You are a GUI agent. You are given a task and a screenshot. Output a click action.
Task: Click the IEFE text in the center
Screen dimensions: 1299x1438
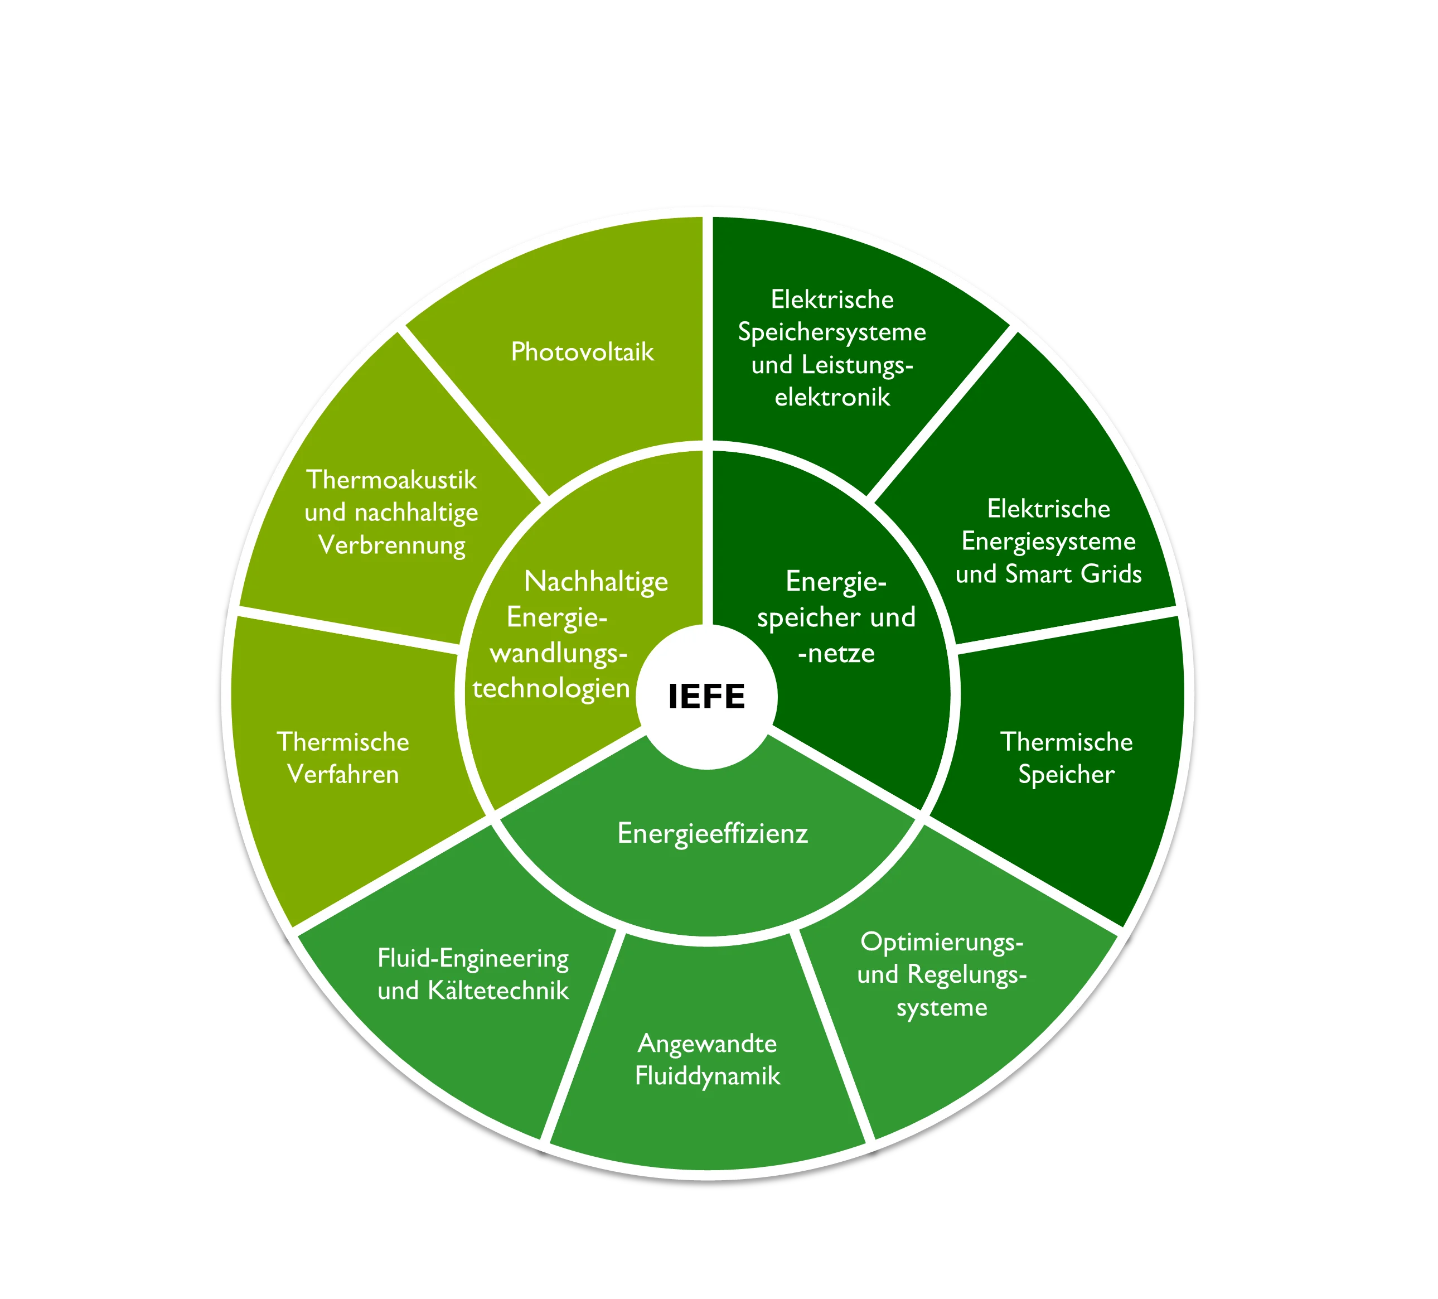tap(706, 696)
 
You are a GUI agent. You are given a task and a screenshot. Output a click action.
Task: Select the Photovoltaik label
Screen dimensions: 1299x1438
tap(582, 352)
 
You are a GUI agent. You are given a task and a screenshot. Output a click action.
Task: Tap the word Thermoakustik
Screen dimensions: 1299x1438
tap(391, 479)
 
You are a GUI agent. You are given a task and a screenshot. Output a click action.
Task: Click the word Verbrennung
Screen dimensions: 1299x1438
tap(391, 545)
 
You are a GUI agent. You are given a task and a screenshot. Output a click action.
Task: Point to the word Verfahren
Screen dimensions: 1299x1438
tap(343, 774)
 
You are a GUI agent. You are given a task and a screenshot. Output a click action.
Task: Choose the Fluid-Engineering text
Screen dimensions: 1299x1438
tap(473, 958)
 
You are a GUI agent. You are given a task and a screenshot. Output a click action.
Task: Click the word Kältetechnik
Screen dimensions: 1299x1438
tap(498, 990)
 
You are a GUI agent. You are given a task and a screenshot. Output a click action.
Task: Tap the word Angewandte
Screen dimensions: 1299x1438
tap(707, 1043)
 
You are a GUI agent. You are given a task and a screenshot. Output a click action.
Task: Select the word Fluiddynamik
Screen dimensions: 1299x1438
tap(708, 1076)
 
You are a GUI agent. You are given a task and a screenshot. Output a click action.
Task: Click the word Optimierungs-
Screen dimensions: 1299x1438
tap(942, 941)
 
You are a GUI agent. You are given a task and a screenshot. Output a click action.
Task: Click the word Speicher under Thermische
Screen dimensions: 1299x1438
tap(1066, 774)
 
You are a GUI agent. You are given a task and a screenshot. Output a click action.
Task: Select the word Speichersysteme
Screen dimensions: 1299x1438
tap(832, 332)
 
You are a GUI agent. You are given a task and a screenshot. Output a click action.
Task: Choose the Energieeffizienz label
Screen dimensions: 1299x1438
tap(713, 833)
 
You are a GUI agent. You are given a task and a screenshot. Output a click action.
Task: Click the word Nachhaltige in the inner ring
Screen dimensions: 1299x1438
tap(595, 581)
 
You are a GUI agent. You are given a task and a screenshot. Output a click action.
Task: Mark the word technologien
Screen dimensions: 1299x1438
tap(551, 688)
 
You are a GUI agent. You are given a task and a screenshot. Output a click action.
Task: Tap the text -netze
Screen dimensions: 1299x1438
tap(836, 653)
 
